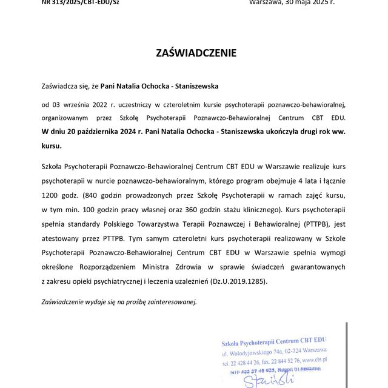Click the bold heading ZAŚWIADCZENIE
(196, 53)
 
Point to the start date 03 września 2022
(82, 104)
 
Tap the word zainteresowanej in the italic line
(170, 301)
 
